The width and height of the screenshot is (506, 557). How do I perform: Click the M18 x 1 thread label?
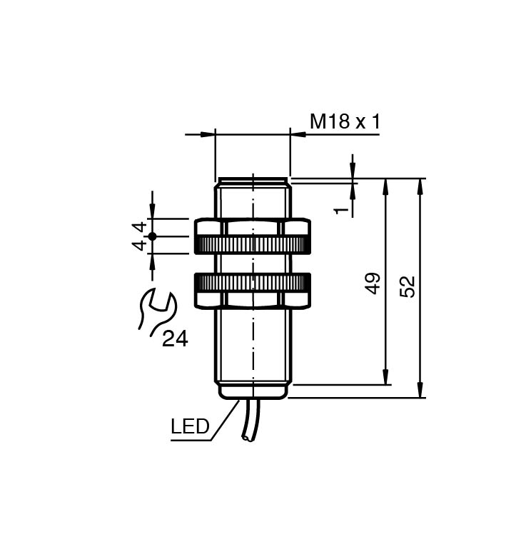click(345, 121)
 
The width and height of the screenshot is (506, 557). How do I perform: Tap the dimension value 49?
click(373, 283)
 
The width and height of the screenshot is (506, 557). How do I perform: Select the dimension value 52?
click(408, 286)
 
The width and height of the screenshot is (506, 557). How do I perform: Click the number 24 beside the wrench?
click(175, 338)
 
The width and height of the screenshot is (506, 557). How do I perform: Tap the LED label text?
click(190, 427)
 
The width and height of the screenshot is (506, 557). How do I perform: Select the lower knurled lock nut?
click(252, 283)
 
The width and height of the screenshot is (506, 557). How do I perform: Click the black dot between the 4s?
click(152, 236)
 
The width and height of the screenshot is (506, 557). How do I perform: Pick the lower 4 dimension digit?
click(141, 245)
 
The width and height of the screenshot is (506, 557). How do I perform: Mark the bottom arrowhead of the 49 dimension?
click(386, 378)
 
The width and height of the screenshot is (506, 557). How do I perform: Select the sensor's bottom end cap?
click(253, 391)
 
